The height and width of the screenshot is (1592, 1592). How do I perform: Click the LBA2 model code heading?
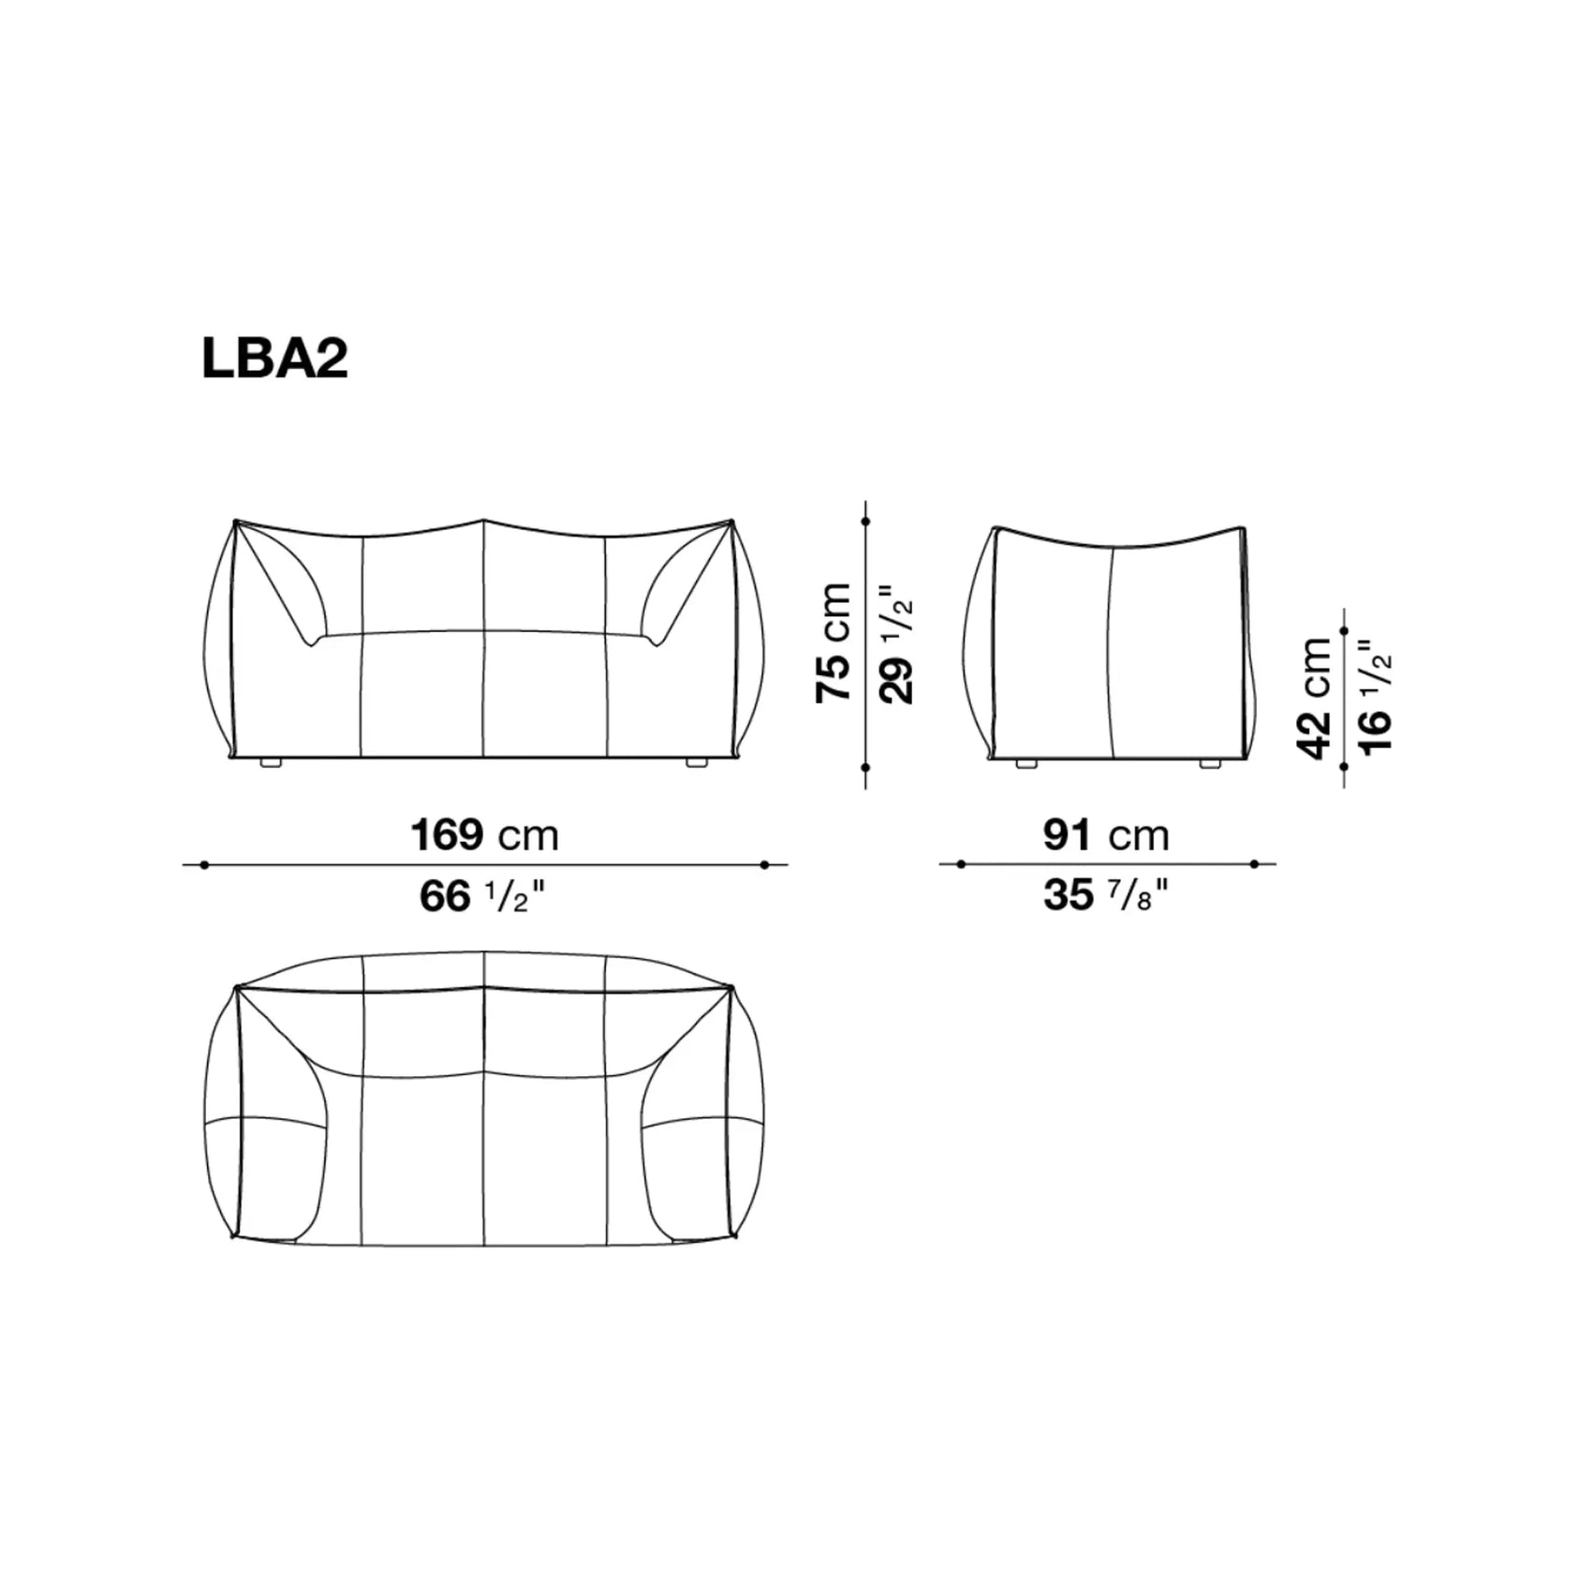coord(274,358)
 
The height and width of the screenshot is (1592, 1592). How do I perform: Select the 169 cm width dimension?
coord(484,834)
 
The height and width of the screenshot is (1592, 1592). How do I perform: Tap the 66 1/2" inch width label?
coord(481,896)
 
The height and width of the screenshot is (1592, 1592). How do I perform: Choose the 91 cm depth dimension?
coord(1106,834)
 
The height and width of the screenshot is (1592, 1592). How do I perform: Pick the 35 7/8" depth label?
coord(1106,895)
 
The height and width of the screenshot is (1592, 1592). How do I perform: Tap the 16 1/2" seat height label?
coord(1376,697)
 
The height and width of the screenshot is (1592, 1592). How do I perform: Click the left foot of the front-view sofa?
coord(271,763)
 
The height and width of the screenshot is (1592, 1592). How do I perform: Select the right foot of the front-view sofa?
coord(696,763)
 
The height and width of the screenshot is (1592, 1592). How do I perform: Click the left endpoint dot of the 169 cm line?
coord(204,865)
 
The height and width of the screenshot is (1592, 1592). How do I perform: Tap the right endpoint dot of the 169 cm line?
coord(765,865)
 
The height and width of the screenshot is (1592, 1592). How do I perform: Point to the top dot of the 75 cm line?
coord(865,522)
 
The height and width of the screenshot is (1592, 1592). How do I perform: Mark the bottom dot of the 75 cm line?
coord(865,767)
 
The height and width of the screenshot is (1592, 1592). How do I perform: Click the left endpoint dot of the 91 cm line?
coord(961,864)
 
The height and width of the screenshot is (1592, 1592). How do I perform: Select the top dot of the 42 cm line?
coord(1345,632)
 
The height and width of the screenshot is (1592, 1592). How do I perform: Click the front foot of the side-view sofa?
coord(1026,764)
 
